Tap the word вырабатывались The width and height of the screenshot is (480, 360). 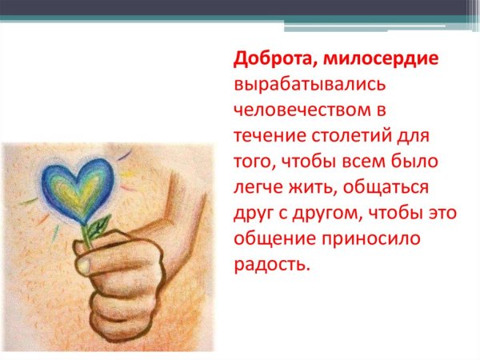302,82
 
